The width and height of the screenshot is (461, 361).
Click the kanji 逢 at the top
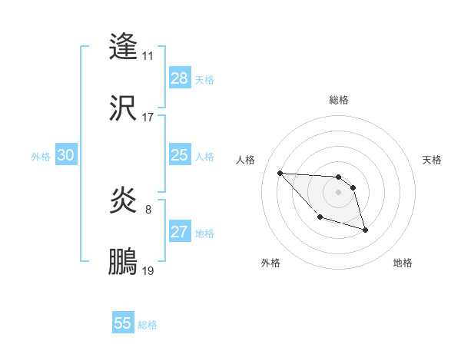pyautogui.click(x=124, y=46)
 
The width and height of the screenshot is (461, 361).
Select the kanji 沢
pyautogui.click(x=124, y=108)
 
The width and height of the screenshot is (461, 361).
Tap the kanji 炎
pyautogui.click(x=124, y=201)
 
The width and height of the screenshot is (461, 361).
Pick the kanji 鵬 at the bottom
pyautogui.click(x=124, y=262)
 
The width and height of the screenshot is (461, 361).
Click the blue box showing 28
pyautogui.click(x=179, y=78)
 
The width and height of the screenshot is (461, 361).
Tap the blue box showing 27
pyautogui.click(x=179, y=233)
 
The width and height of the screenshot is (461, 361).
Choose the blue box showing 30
pyautogui.click(x=65, y=156)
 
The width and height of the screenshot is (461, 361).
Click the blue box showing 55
pyautogui.click(x=123, y=323)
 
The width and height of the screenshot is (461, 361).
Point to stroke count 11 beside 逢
pyautogui.click(x=148, y=56)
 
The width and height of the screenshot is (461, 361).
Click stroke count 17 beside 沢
pyautogui.click(x=148, y=118)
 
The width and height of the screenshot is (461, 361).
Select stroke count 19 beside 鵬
pyautogui.click(x=148, y=271)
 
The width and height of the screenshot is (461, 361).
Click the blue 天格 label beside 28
pyautogui.click(x=204, y=79)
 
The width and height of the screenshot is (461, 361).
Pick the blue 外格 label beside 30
pyautogui.click(x=41, y=157)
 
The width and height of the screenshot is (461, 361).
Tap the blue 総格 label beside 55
pyautogui.click(x=148, y=325)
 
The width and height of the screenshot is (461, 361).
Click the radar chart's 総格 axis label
pyautogui.click(x=339, y=100)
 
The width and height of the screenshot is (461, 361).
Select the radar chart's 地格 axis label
pyautogui.click(x=403, y=263)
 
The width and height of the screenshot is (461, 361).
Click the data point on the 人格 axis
pyautogui.click(x=280, y=173)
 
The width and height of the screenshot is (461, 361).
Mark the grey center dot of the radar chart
pyautogui.click(x=338, y=192)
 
